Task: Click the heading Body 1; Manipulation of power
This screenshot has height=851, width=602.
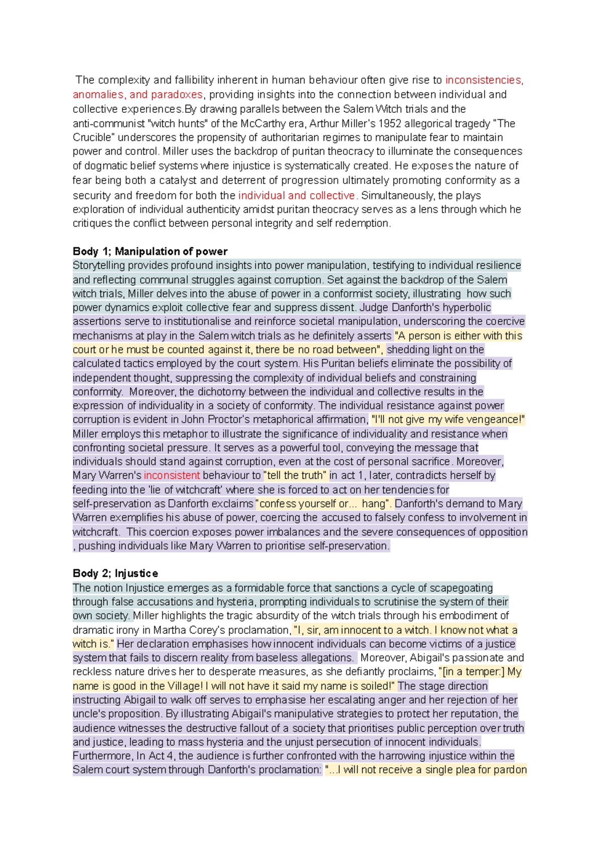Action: point(150,251)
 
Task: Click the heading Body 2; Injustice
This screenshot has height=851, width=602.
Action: point(115,573)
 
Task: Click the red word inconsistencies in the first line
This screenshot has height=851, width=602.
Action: point(484,80)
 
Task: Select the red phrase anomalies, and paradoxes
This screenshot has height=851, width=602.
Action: point(137,95)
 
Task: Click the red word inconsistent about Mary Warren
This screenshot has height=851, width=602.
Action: point(172,475)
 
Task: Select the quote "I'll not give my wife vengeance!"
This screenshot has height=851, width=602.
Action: point(447,419)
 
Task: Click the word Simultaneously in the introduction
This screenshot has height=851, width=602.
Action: point(397,196)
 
